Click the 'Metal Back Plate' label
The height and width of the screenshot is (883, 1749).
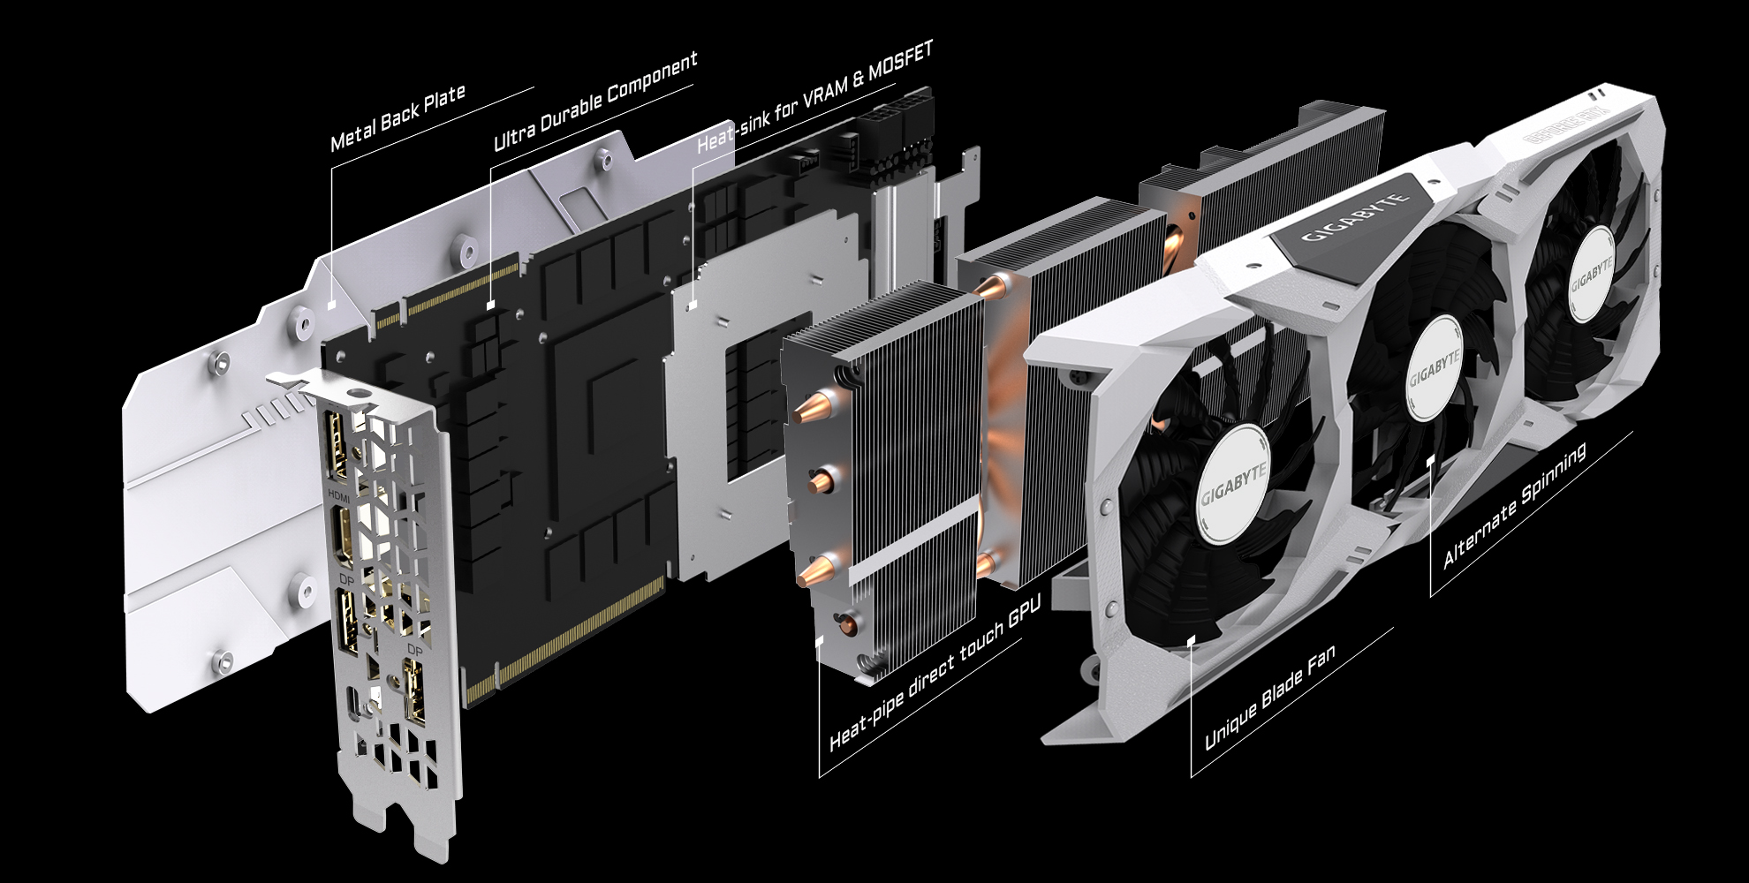tap(397, 119)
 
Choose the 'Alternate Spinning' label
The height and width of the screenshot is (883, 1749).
tap(1514, 506)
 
